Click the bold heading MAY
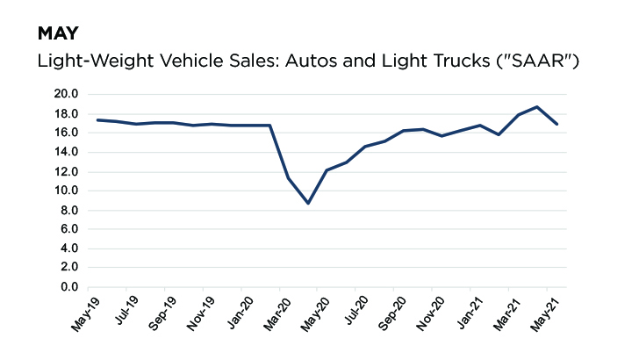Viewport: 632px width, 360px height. point(58,34)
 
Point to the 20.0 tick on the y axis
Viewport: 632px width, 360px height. point(67,94)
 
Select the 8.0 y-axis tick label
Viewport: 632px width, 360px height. point(70,210)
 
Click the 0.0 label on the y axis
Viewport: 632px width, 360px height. point(70,287)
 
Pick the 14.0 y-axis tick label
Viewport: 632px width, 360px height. point(67,152)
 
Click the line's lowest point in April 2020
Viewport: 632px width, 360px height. point(307,203)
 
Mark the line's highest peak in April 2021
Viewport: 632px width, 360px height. point(537,106)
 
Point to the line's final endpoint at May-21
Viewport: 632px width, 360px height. point(557,124)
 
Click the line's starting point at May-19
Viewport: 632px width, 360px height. point(97,119)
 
